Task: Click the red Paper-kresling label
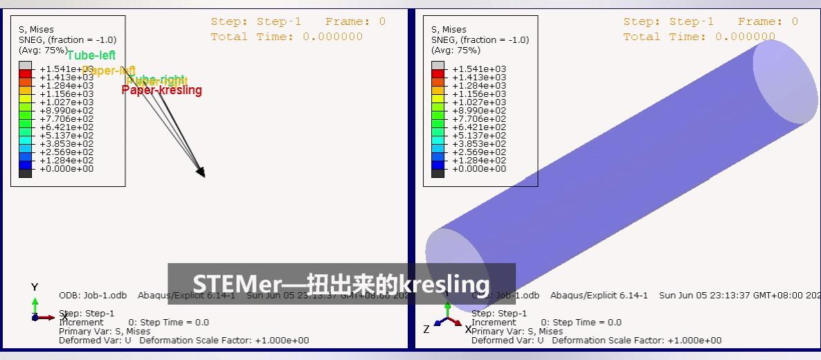pos(162,90)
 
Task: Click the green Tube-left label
pos(91,55)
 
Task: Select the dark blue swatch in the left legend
pos(25,165)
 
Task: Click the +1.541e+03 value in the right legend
pos(478,69)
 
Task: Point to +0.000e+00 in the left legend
pos(66,169)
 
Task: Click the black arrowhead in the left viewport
pos(201,171)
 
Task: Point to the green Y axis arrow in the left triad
pos(35,305)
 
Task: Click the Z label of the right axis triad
pos(426,330)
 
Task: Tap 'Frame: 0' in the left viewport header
pos(355,21)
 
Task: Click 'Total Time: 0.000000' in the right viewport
pos(699,37)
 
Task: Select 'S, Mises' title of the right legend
pos(449,29)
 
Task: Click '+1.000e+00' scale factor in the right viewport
pos(696,340)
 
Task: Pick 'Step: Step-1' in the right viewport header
pos(668,21)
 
